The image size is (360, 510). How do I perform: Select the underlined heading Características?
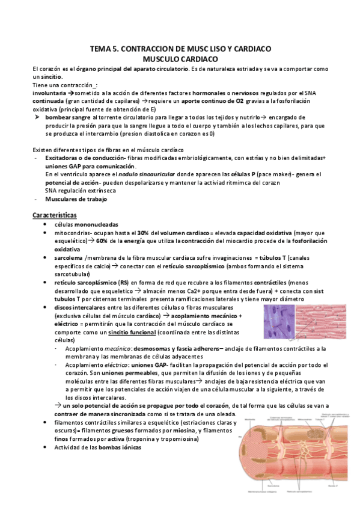coord(58,215)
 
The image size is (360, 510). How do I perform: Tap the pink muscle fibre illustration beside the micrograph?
coord(325,325)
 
